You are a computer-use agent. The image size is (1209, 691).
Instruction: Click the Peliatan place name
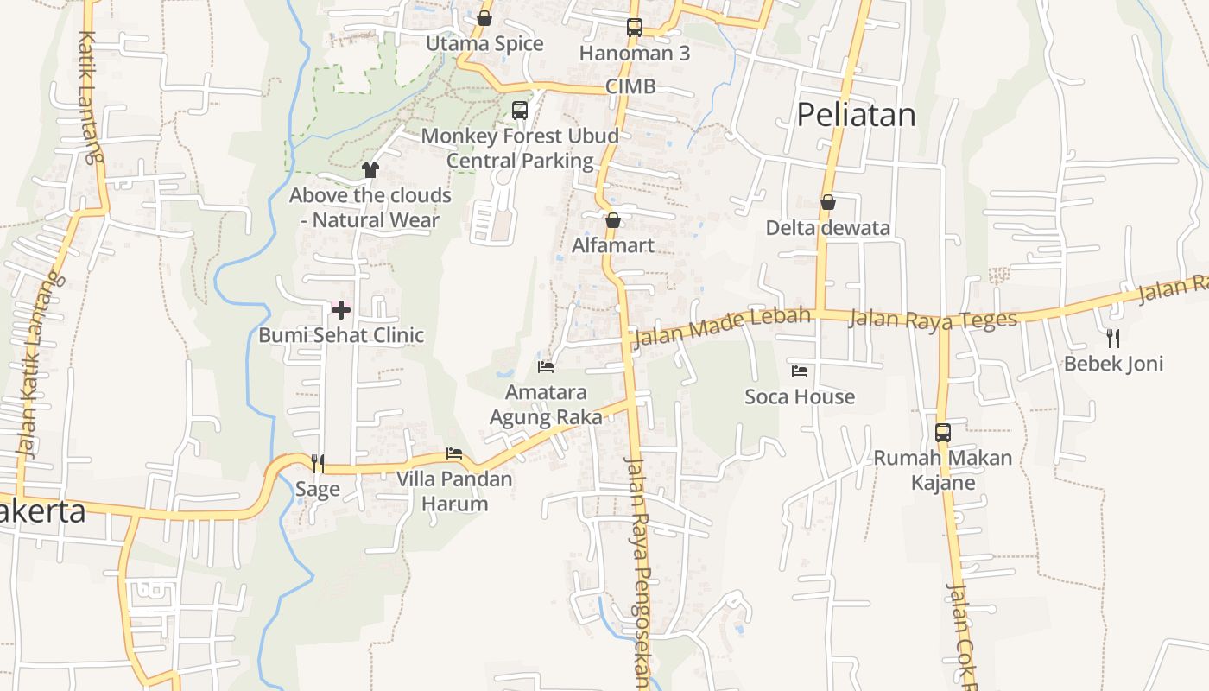coord(855,115)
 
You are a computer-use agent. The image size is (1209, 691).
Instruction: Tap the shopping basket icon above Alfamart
coord(613,220)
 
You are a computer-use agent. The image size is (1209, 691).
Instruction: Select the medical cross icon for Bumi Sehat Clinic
coord(341,309)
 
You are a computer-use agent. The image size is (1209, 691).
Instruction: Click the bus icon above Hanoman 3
coord(635,28)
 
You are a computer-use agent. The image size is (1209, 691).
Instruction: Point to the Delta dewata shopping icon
coord(828,203)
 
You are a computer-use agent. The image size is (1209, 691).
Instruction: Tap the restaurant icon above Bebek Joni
coord(1113,338)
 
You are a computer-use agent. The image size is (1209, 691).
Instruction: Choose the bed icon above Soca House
coord(800,371)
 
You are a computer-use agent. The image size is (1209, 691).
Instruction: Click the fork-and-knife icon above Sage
coord(318,464)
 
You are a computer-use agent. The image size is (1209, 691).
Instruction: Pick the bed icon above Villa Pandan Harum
coord(454,453)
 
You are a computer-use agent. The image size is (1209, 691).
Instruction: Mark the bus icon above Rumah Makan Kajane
coord(943,432)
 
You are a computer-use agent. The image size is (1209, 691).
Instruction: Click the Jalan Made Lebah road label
coord(723,326)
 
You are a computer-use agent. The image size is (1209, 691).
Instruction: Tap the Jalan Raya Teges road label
coord(934,319)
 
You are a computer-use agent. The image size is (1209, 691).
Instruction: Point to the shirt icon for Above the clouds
coord(370,170)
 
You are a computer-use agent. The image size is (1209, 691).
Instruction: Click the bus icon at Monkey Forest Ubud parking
coord(520,111)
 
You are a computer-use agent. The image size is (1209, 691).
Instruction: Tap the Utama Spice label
coord(484,44)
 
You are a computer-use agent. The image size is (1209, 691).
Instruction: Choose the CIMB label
coord(630,86)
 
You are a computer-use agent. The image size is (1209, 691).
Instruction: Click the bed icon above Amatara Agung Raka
coord(546,367)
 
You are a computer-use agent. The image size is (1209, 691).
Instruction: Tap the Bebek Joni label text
coord(1113,364)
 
